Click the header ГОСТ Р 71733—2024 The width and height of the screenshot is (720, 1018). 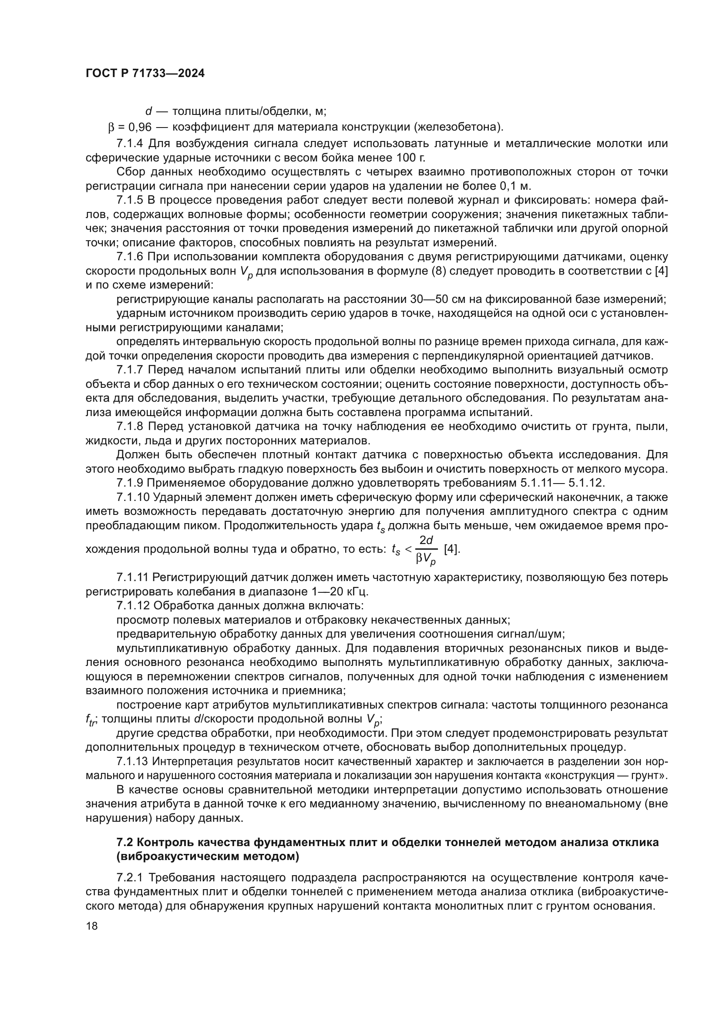pos(145,74)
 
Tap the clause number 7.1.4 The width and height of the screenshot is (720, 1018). pos(130,144)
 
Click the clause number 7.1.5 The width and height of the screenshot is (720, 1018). pos(130,200)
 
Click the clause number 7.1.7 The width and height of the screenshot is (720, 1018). pos(130,370)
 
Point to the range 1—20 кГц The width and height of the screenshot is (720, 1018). pos(333,592)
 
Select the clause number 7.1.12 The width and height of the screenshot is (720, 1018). pos(133,606)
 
